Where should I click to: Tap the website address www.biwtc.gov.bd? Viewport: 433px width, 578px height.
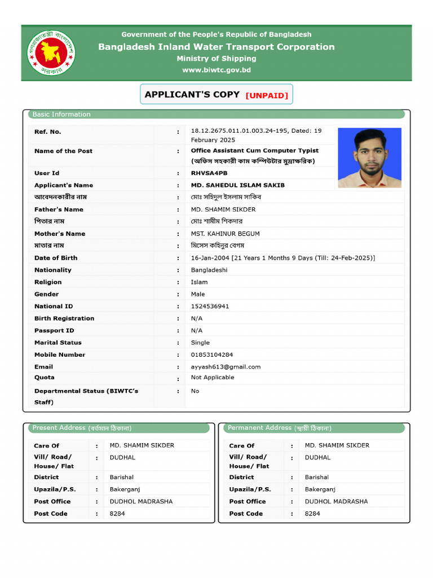216,70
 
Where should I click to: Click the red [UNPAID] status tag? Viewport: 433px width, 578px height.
267,95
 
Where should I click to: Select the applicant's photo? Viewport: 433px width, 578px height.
369,157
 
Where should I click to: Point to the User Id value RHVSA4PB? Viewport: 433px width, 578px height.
209,173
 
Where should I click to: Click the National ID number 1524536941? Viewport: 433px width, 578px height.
210,306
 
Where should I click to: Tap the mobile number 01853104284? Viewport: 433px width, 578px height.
211,355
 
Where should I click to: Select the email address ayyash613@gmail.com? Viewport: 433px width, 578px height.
226,367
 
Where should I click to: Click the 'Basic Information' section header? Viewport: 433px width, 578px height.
61,115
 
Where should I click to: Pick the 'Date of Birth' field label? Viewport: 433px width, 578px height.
56,258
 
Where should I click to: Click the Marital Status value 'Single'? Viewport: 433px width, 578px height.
200,343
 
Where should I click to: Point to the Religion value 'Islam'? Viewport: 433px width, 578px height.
199,282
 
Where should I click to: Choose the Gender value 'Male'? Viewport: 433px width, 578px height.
198,294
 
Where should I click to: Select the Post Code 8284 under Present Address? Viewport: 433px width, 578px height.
117,514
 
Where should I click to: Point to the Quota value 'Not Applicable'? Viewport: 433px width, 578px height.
213,378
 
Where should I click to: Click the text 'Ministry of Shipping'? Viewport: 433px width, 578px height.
216,59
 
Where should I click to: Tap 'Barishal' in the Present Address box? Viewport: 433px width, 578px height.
122,478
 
